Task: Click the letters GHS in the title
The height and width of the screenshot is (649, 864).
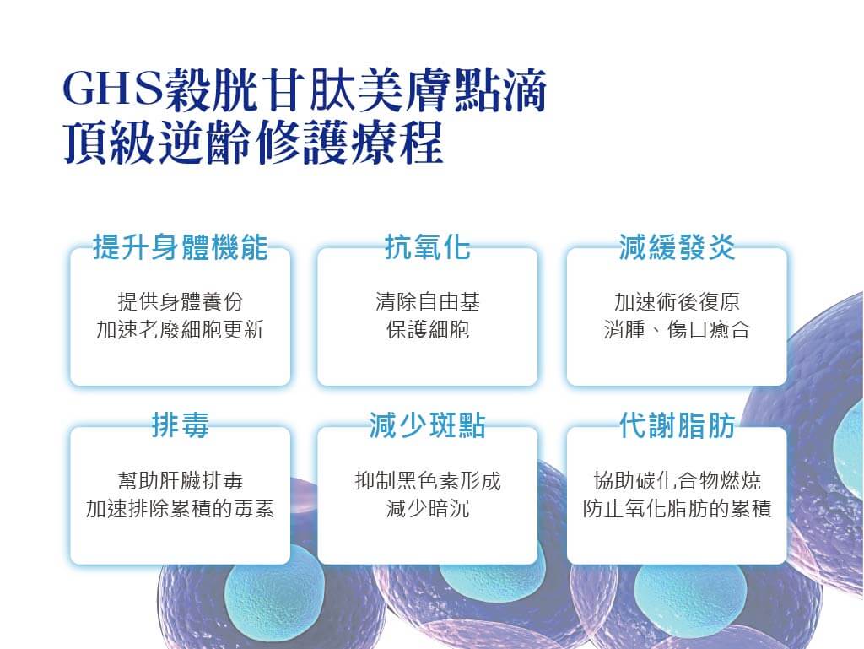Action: point(112,89)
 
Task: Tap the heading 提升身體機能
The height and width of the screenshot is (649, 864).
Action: point(181,246)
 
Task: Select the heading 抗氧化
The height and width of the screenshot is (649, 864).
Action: point(428,246)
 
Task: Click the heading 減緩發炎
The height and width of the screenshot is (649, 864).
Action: point(678,246)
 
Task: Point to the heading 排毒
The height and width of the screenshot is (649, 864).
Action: point(181,425)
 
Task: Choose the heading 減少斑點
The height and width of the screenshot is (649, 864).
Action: point(428,425)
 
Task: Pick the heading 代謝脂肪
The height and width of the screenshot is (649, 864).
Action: point(678,425)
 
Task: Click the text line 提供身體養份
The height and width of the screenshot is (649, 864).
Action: point(181,302)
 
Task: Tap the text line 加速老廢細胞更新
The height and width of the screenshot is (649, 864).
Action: point(181,329)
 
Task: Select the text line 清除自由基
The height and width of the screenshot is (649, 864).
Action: point(428,302)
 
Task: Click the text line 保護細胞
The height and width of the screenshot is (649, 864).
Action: point(428,329)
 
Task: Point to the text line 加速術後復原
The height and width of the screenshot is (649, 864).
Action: point(678,302)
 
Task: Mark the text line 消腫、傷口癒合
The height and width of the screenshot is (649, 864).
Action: point(678,329)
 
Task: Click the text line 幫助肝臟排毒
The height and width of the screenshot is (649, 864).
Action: point(181,481)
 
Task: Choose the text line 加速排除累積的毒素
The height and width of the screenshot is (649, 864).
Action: point(181,509)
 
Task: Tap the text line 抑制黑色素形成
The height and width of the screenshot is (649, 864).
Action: point(428,481)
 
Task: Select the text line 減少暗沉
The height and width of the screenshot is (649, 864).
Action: point(428,509)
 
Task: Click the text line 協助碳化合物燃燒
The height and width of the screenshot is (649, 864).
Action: point(678,481)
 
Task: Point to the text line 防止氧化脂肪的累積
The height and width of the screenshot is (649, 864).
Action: point(678,509)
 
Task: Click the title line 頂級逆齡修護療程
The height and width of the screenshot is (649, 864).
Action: point(253,143)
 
